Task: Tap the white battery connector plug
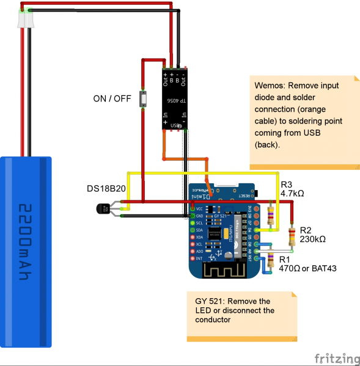[x=25, y=18]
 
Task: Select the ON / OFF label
[x=112, y=98]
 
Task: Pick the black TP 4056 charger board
[x=174, y=100]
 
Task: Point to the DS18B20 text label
[x=106, y=188]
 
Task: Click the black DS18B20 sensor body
[x=103, y=209]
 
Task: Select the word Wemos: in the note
[x=270, y=86]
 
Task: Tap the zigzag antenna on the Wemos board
[x=218, y=269]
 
